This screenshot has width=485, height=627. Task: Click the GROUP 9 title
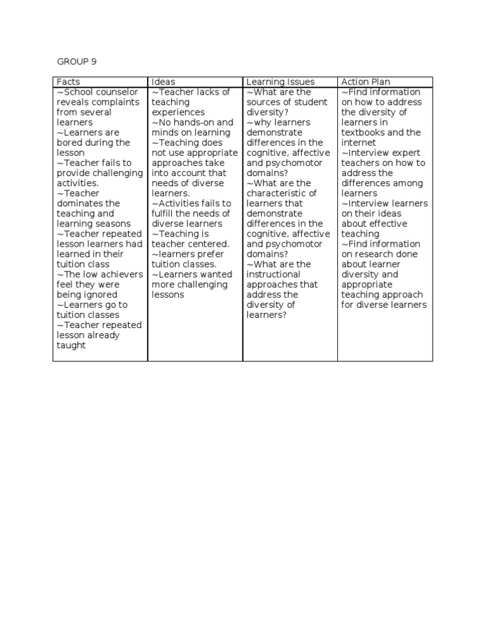(x=76, y=61)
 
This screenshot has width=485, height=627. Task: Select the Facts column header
(x=68, y=82)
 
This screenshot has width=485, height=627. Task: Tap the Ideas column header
(x=164, y=82)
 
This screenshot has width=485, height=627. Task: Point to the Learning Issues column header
(x=280, y=82)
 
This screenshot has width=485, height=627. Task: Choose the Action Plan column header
(x=366, y=82)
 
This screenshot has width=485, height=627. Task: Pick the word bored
(x=69, y=143)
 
